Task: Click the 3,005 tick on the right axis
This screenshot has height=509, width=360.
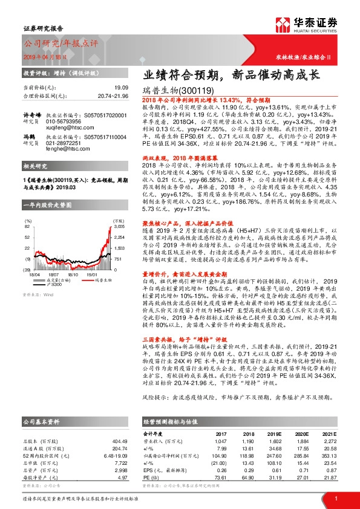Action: [x=119, y=209]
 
